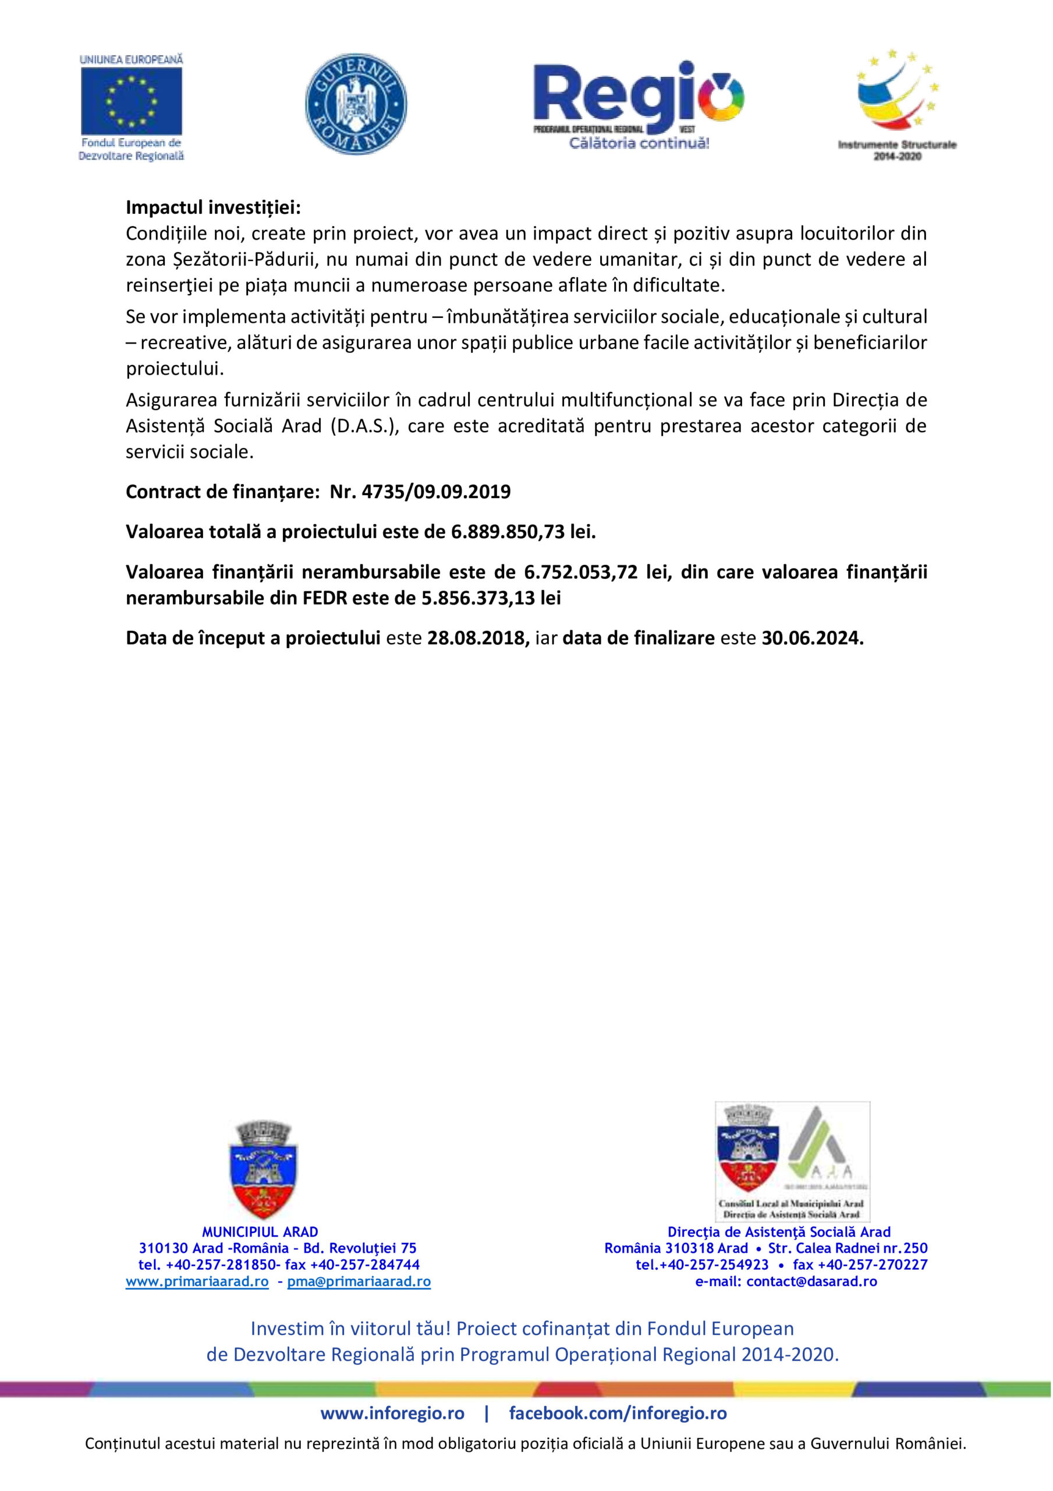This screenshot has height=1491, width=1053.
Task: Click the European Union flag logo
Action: pyautogui.click(x=131, y=101)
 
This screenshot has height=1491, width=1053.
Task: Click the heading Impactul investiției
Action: pyautogui.click(x=213, y=207)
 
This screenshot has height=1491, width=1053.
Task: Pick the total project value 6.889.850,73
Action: pyautogui.click(x=508, y=532)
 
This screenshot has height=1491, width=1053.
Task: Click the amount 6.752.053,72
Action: pyautogui.click(x=580, y=572)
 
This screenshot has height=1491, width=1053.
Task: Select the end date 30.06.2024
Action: pyautogui.click(x=812, y=638)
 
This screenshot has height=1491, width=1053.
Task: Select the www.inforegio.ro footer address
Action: pyautogui.click(x=392, y=1413)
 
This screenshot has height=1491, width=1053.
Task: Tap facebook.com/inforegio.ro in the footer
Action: pyautogui.click(x=618, y=1413)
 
